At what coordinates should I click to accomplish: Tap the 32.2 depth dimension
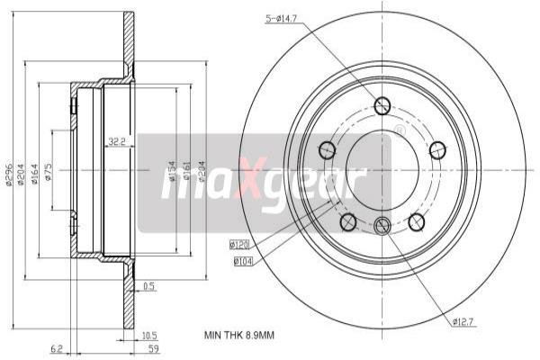point(116,141)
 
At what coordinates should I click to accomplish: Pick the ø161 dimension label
point(186,171)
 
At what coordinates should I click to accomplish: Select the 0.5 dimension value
point(148,286)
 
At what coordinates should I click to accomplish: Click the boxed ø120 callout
point(240,243)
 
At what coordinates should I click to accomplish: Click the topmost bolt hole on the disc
point(382,105)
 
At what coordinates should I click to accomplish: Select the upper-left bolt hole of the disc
point(327,148)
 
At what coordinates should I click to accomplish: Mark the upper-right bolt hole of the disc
point(437,148)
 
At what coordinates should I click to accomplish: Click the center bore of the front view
point(382,168)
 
